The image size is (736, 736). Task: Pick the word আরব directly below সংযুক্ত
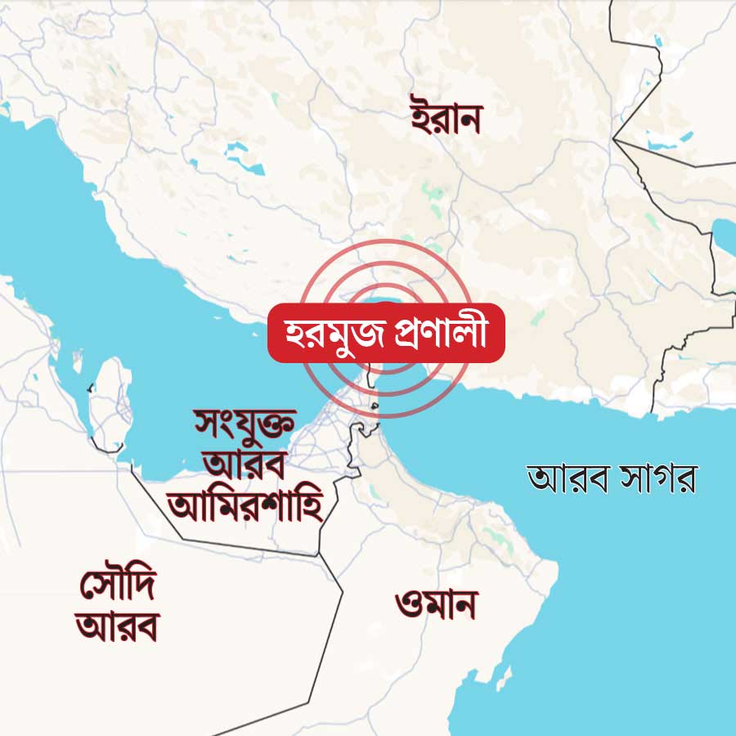244,464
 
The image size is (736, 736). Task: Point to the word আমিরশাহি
244,505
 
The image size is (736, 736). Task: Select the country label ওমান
435,606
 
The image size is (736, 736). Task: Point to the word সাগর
657,478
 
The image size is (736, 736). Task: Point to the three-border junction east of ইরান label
615,141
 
